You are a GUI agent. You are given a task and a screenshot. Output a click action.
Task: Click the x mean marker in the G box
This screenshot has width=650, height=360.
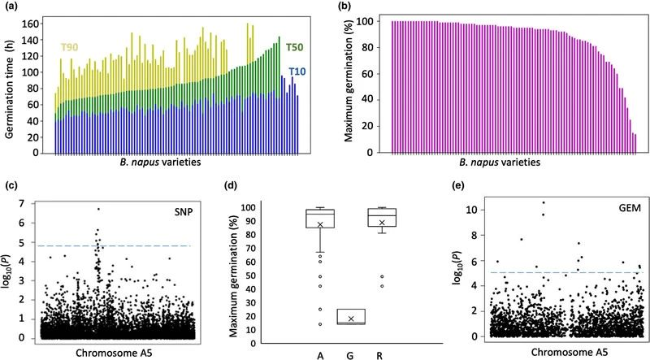pos(351,319)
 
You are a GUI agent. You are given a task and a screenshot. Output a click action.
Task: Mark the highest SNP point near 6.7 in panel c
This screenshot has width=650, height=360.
pos(98,209)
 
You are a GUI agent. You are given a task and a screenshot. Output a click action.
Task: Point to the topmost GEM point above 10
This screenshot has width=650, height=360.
pos(543,202)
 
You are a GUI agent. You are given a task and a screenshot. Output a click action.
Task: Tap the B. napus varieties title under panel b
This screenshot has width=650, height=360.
pos(514,161)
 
